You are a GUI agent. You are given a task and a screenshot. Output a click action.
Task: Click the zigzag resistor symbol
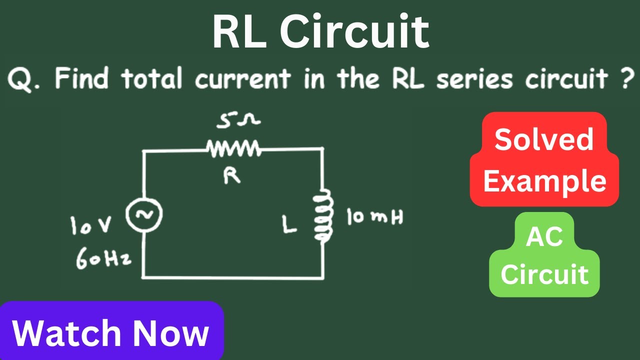(x=233, y=148)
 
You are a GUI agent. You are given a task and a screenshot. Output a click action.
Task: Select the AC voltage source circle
(x=144, y=214)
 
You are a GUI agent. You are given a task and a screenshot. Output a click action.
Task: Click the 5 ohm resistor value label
(x=238, y=120)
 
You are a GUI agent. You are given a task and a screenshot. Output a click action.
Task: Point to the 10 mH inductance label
(x=375, y=216)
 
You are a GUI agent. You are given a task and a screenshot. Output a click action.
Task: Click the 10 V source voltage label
(x=91, y=225)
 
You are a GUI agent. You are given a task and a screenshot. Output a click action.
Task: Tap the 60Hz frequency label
(x=104, y=258)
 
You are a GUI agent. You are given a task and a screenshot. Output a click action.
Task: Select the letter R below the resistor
(x=231, y=175)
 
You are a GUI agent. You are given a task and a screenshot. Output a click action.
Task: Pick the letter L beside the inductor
(x=289, y=224)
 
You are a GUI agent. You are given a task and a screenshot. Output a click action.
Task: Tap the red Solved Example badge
(x=544, y=159)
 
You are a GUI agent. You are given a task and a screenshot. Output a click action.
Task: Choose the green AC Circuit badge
(x=544, y=255)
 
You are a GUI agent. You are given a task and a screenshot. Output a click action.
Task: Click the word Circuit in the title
(x=354, y=31)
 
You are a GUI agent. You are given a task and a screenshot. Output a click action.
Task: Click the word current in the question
(x=243, y=78)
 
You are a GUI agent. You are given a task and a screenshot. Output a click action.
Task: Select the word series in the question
(x=474, y=78)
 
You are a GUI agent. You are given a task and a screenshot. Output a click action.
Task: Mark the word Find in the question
(x=81, y=77)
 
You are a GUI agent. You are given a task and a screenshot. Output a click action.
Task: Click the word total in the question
(x=151, y=77)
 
